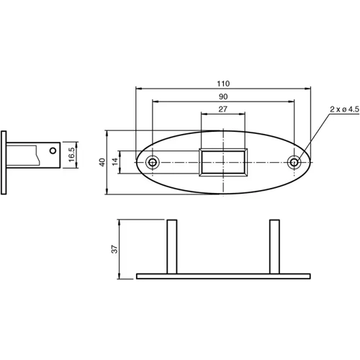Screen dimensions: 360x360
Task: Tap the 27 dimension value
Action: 222,109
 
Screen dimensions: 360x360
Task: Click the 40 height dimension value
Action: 103,162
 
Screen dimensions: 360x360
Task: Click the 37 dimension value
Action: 114,248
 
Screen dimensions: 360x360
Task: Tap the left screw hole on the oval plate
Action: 152,162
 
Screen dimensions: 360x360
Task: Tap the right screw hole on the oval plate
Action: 294,162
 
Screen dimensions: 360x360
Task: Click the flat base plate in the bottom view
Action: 223,276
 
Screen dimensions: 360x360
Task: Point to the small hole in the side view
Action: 51,151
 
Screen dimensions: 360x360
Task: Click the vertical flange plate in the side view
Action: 5,162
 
